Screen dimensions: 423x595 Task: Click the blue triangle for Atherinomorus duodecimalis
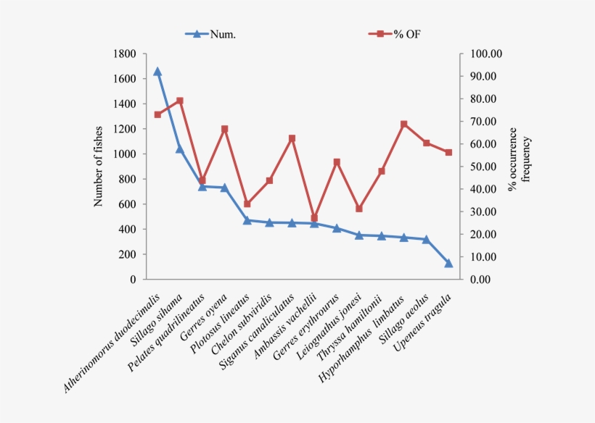(x=157, y=72)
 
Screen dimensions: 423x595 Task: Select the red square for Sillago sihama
(x=180, y=101)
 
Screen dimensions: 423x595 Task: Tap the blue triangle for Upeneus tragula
(x=448, y=263)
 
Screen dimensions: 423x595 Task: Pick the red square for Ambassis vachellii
(x=314, y=218)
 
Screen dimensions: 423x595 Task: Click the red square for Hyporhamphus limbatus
(x=404, y=124)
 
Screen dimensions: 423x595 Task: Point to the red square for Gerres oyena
(x=225, y=129)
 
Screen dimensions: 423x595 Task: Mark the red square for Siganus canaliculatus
(x=292, y=138)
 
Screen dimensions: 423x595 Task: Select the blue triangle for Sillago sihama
(x=180, y=149)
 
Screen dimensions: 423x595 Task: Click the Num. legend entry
(x=213, y=33)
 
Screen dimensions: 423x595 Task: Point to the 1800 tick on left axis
(x=126, y=54)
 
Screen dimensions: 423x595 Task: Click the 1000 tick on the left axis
(x=126, y=154)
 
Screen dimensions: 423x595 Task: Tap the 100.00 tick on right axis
(x=485, y=54)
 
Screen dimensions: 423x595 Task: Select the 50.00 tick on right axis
(x=485, y=167)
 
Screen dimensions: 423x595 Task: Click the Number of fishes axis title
(x=99, y=167)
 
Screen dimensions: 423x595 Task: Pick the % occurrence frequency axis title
(x=519, y=167)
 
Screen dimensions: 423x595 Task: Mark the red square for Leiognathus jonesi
(x=359, y=209)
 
